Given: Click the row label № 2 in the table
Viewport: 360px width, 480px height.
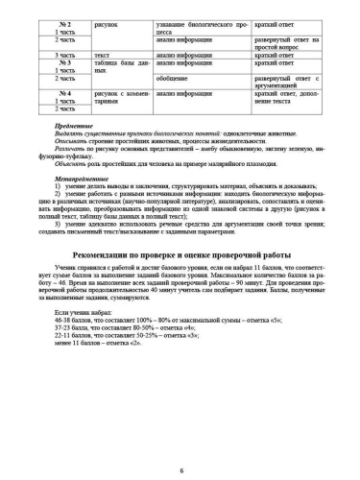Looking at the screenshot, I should click(63, 17).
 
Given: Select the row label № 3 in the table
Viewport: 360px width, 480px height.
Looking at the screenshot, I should click(63, 63).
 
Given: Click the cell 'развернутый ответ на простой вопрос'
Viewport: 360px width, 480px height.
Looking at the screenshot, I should click(287, 42).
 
